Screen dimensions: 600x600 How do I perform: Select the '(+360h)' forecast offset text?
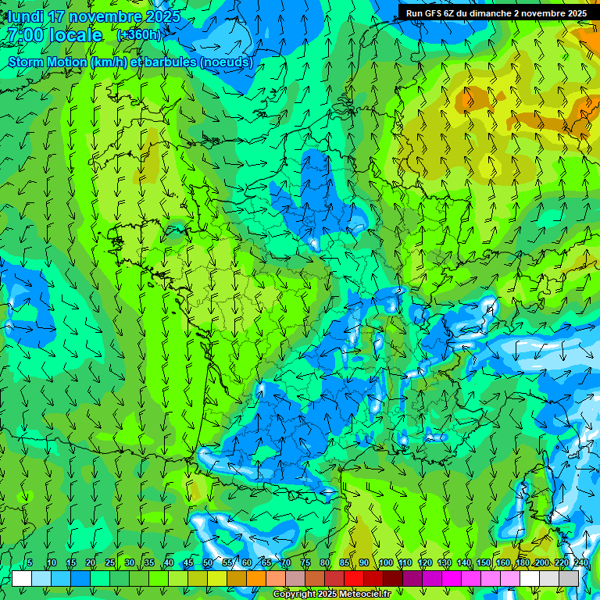[139, 35]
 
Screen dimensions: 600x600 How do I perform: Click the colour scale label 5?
[30, 562]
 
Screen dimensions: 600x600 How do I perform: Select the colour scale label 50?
[208, 562]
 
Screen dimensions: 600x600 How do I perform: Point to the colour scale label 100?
[385, 562]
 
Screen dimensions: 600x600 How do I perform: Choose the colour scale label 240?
[581, 562]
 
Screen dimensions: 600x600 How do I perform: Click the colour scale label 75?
[305, 562]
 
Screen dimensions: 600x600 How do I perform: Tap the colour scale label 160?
[503, 562]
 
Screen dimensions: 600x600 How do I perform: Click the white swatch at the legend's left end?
[21, 578]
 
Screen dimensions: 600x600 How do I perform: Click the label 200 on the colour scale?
[542, 562]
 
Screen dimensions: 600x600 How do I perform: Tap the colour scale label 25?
[110, 562]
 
